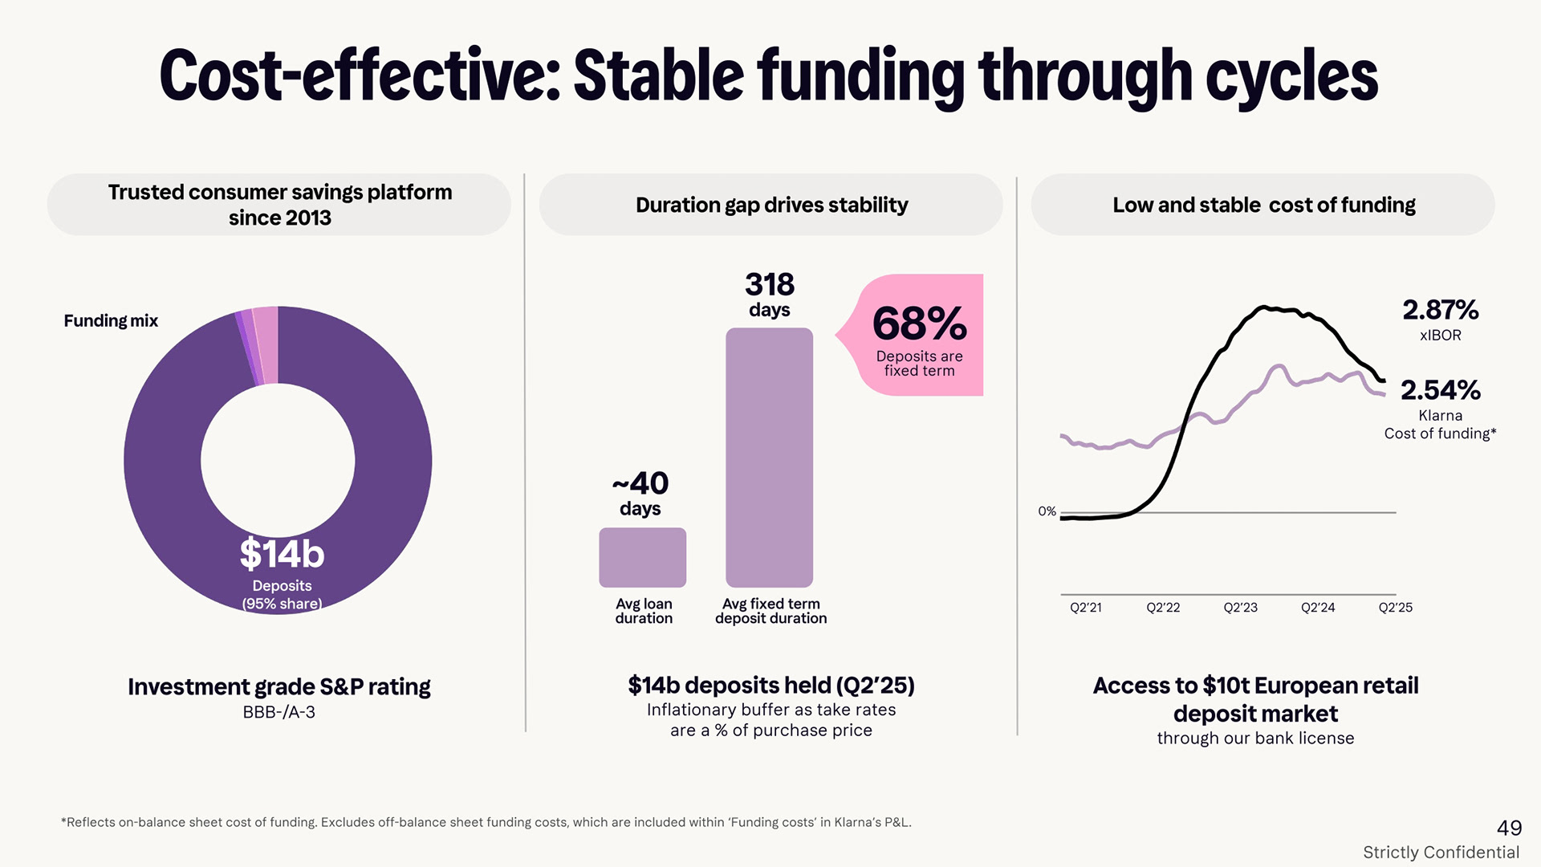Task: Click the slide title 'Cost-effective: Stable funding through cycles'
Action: (769, 76)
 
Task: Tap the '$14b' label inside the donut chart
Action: (282, 553)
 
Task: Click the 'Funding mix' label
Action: (111, 321)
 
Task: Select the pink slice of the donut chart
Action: (266, 345)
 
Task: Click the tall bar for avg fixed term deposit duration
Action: (769, 457)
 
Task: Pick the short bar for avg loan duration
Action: (642, 557)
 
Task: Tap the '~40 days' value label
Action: (640, 493)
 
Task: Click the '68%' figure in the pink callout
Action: (919, 324)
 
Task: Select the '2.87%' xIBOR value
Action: (1440, 310)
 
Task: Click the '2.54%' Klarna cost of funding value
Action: (1440, 390)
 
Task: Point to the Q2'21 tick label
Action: (1085, 608)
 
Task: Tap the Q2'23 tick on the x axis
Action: (1240, 608)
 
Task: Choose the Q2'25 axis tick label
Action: (1395, 608)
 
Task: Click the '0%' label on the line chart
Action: (1047, 511)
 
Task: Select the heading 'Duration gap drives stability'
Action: (771, 206)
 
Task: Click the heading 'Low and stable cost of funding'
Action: (1263, 206)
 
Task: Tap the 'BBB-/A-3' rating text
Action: (279, 712)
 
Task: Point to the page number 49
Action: (1509, 828)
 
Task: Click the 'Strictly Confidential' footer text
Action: (1441, 853)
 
